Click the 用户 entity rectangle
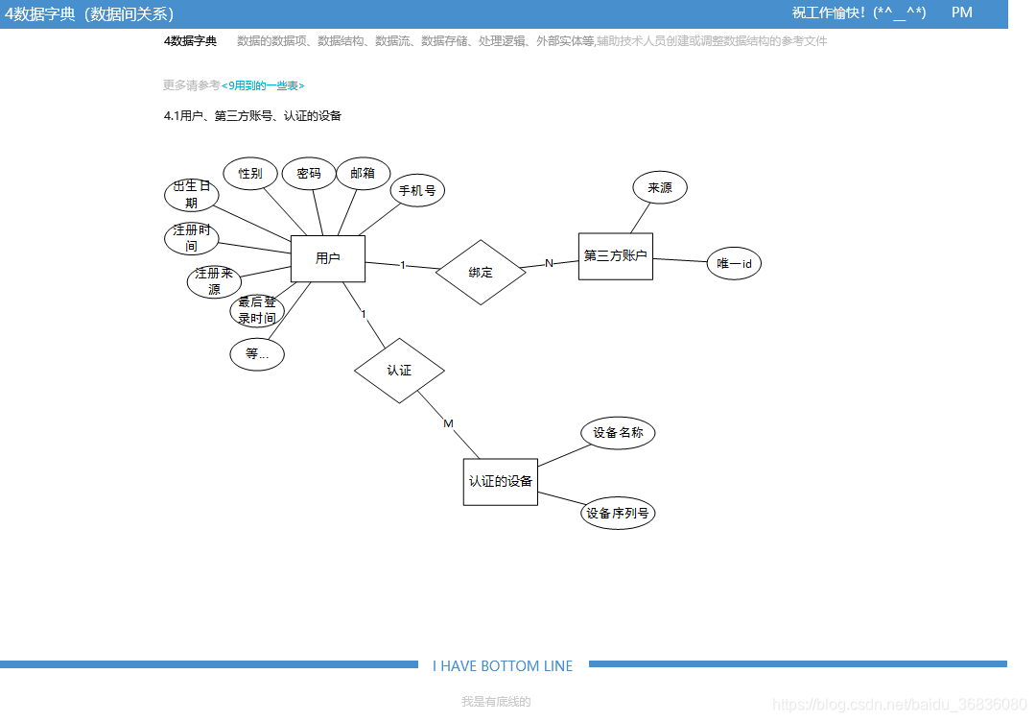coord(327,258)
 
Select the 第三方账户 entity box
coord(615,256)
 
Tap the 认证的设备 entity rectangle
coord(500,481)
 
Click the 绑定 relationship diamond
coord(481,273)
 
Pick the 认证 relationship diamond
coord(399,371)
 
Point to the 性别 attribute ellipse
coord(250,174)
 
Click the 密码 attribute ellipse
coord(309,174)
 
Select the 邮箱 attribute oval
coord(363,174)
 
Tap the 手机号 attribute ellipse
coord(417,190)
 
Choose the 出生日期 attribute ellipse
coord(192,195)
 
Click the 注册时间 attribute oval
coord(192,238)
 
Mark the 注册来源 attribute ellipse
coord(214,281)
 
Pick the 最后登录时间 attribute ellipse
coord(257,310)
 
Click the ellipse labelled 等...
coord(257,354)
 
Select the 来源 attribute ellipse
coord(660,188)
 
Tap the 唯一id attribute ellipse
coord(734,264)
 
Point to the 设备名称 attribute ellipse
coord(618,433)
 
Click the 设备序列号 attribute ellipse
coord(618,514)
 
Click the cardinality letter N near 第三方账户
coord(550,264)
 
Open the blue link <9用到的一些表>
coord(263,86)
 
